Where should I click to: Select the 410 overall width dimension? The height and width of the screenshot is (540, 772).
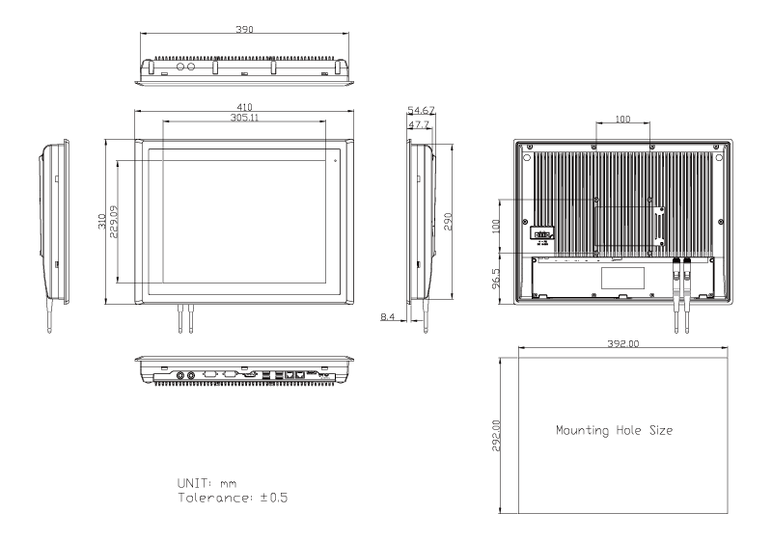pyautogui.click(x=246, y=107)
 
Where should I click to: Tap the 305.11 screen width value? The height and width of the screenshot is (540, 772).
pyautogui.click(x=246, y=117)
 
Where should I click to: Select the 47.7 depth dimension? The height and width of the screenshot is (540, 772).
pyautogui.click(x=419, y=125)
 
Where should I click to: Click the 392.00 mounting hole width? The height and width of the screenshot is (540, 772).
pyautogui.click(x=626, y=343)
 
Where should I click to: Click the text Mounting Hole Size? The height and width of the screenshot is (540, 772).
pyautogui.click(x=615, y=430)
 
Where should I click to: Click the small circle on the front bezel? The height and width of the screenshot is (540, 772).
pyautogui.click(x=335, y=156)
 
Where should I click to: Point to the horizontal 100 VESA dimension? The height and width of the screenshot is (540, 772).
pyautogui.click(x=622, y=119)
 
